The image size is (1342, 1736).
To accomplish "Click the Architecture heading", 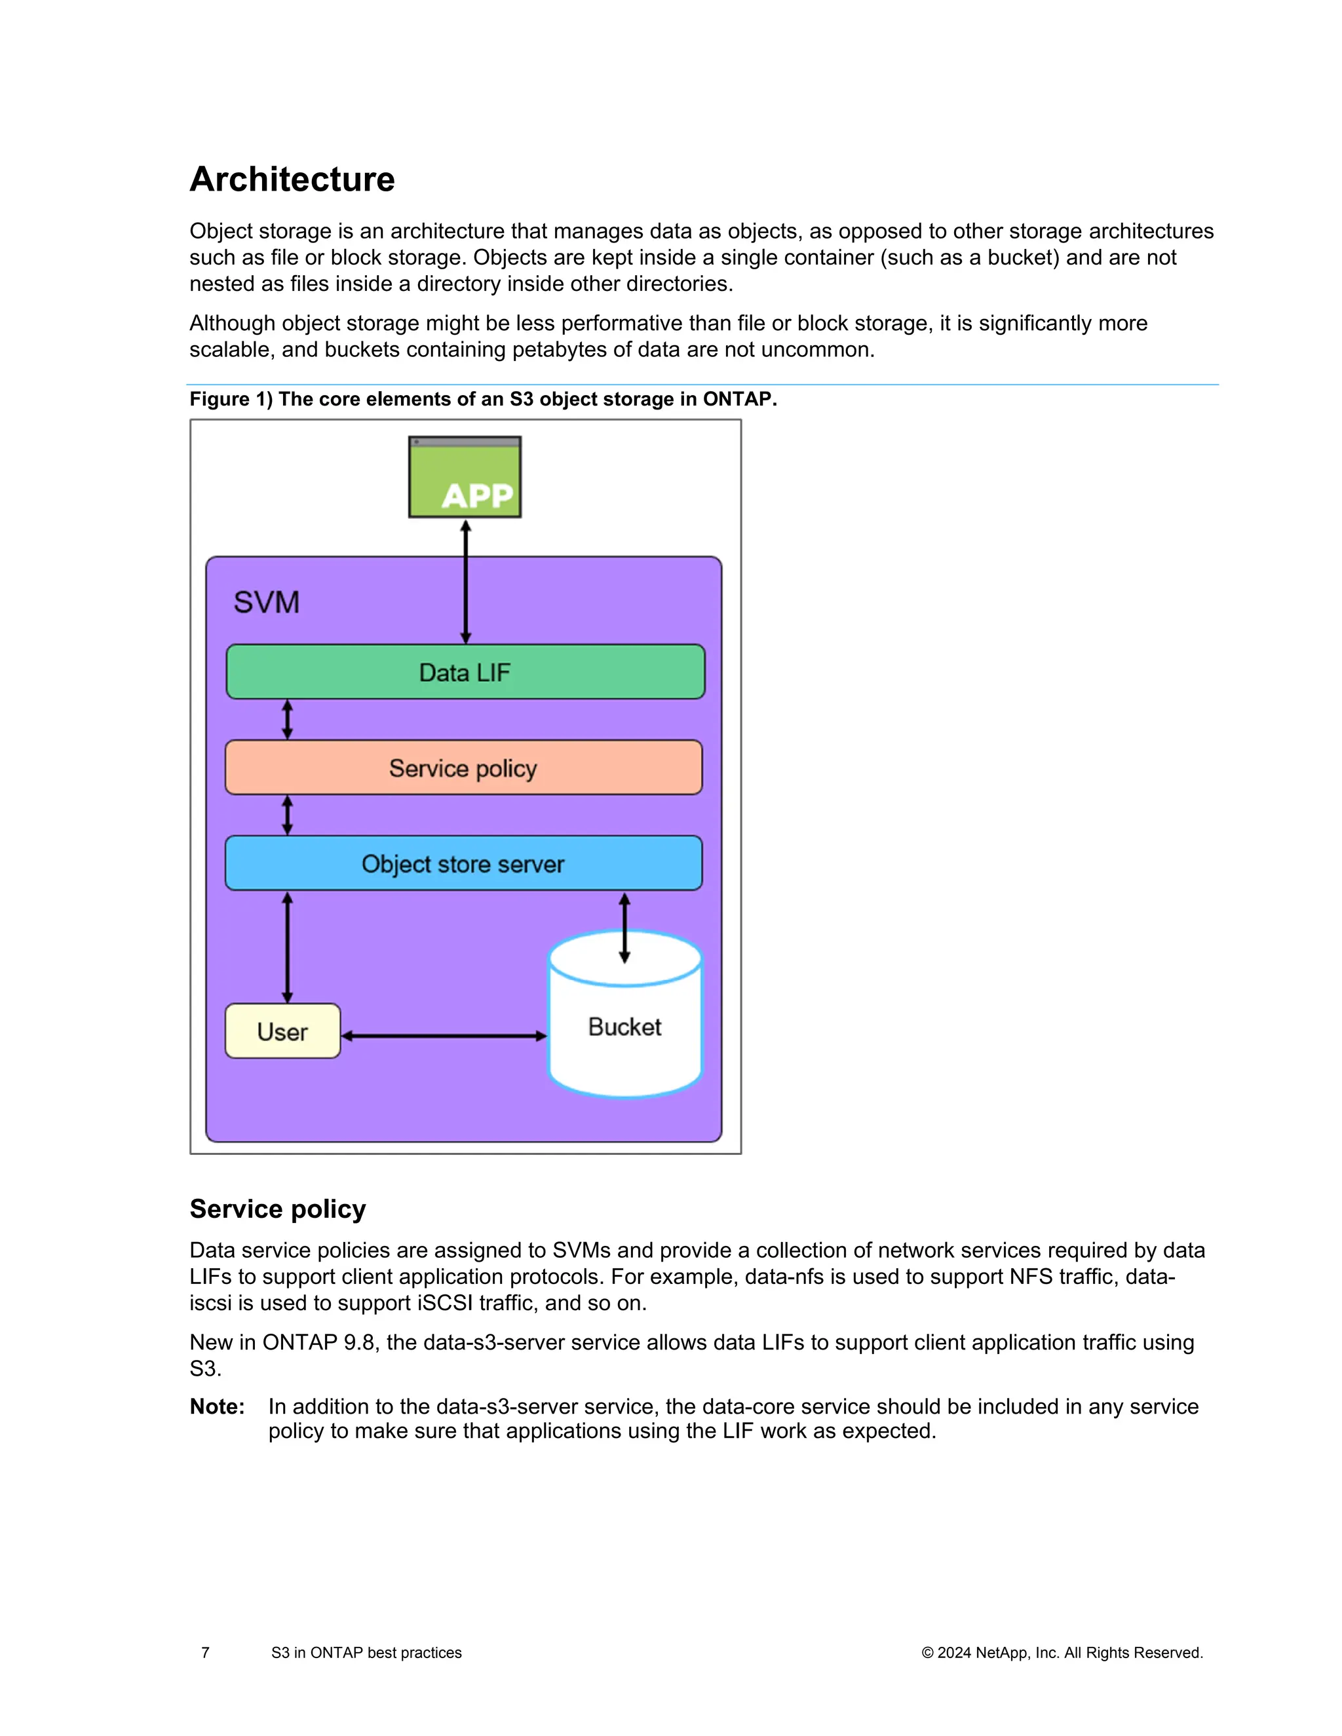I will [292, 179].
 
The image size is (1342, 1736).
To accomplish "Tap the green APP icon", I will [465, 478].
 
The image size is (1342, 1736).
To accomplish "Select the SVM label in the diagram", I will [266, 603].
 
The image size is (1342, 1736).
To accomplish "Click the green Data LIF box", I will [465, 673].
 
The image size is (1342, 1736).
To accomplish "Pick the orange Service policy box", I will [463, 768].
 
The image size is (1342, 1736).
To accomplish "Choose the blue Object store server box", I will [463, 863].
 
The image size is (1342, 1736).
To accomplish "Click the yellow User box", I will [282, 1032].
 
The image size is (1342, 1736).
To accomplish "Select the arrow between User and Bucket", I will [444, 1036].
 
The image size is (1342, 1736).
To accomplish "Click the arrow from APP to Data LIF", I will [466, 582].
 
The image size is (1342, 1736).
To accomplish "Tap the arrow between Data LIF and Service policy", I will [288, 719].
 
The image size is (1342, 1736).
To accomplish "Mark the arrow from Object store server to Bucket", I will [625, 927].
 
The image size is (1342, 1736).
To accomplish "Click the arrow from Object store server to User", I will [288, 947].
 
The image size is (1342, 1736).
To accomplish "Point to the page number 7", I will [206, 1653].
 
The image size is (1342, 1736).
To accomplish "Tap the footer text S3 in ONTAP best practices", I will [366, 1653].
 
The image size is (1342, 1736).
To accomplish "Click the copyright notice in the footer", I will [1062, 1653].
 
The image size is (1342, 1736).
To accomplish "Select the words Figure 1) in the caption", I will [231, 399].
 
